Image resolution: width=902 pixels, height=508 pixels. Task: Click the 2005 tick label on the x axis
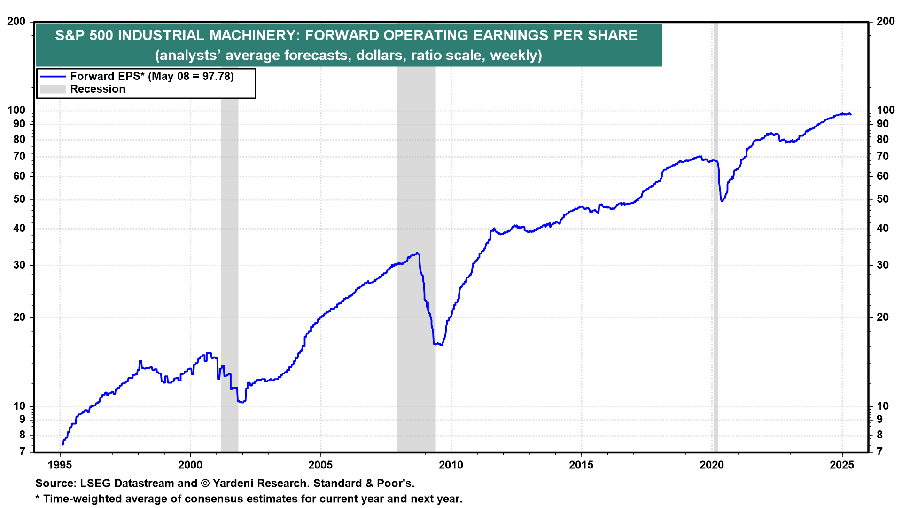pos(320,465)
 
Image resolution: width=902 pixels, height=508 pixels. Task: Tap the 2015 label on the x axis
pos(581,465)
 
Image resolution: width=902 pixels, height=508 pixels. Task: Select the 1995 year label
pos(60,465)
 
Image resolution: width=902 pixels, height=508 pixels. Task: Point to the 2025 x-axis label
pos(842,465)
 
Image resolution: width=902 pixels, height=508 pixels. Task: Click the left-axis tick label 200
pos(16,22)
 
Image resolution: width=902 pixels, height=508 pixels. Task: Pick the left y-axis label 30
pos(20,265)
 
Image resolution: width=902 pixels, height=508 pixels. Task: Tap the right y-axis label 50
pos(883,199)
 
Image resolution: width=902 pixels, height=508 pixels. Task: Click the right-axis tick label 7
pos(880,452)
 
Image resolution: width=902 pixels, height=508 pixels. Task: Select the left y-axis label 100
pos(16,111)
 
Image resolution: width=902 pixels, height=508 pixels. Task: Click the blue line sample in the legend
pos(53,76)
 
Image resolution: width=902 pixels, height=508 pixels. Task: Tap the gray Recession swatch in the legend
pos(53,89)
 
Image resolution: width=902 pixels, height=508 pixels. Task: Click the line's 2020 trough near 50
pos(722,201)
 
